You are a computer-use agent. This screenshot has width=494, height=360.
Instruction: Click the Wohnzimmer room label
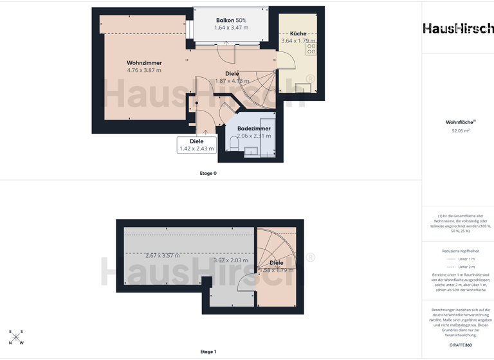point(143,63)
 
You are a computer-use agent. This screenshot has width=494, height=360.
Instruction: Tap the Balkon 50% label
point(231,21)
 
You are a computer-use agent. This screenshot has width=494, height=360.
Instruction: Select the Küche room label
point(298,33)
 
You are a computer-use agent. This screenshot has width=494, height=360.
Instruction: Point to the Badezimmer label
point(253,129)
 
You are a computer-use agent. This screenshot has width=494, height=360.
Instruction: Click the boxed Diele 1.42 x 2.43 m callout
point(197,145)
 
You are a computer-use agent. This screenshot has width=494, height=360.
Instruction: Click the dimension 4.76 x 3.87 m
point(144,71)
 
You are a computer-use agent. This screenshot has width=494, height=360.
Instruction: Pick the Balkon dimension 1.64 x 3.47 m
point(231,28)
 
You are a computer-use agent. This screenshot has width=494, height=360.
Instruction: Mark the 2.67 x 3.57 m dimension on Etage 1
point(162,256)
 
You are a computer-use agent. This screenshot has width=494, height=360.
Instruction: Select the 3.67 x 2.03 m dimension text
point(230,260)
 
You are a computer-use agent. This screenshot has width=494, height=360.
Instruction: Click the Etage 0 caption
point(208,173)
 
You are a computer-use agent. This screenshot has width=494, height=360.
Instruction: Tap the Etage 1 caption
point(208,352)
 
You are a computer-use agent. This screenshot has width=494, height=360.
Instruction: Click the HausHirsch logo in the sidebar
point(458,28)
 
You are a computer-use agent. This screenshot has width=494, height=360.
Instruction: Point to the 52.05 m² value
point(461,130)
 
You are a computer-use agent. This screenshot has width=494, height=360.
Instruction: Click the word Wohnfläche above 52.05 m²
point(460,122)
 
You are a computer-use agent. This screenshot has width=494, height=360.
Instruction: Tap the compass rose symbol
point(15,337)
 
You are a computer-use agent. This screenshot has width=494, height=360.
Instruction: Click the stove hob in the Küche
point(311,49)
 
